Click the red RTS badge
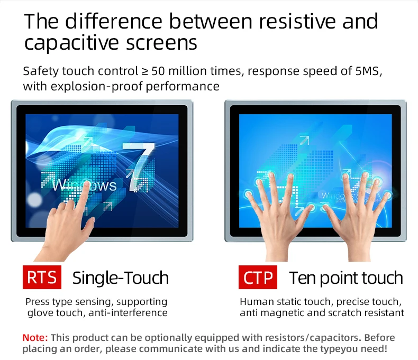point(42,277)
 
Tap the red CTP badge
point(258,277)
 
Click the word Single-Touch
point(121,278)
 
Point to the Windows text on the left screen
point(85,185)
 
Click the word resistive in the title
point(297,21)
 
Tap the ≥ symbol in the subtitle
point(144,71)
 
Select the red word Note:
point(35,338)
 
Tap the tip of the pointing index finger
point(86,183)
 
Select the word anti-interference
point(128,312)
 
